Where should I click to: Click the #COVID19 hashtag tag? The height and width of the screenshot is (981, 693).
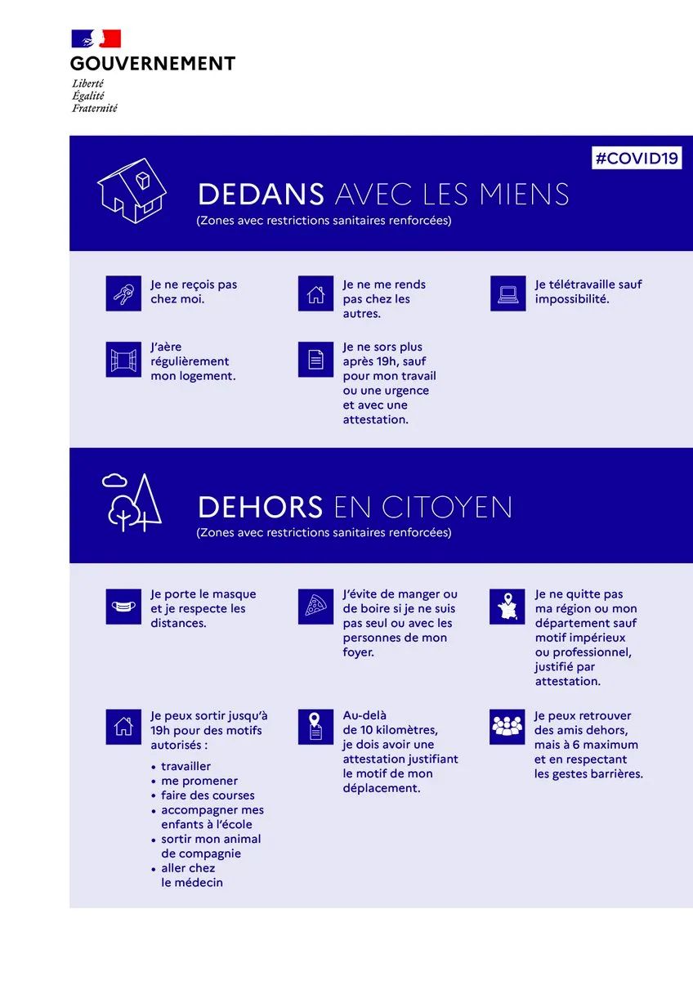point(637,158)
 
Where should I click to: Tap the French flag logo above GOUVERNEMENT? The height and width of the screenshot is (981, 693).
point(96,38)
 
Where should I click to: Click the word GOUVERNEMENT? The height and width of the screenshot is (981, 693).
point(153,63)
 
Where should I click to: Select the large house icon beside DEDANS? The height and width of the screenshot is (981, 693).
point(132,190)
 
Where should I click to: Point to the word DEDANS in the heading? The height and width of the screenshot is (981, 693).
point(261,195)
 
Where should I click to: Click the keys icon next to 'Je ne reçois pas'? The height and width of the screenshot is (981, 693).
point(123,293)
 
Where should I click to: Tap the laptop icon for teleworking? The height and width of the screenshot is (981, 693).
point(507,293)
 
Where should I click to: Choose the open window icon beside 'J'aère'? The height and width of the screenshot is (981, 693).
point(123,360)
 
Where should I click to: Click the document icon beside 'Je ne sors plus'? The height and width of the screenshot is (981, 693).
point(315,360)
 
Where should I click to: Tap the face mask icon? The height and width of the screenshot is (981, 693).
point(123,607)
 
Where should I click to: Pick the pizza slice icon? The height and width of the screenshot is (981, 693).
point(315,607)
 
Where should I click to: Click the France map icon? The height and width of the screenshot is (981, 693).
point(507,607)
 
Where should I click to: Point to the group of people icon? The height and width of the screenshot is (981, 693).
point(507,727)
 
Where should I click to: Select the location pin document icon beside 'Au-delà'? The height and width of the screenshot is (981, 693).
point(315,727)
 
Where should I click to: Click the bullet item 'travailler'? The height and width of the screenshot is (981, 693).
point(186,767)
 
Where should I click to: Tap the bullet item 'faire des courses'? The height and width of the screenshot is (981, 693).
point(208,795)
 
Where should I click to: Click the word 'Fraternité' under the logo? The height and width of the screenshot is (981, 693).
point(95,108)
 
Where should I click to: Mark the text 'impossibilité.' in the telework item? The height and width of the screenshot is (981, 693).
point(572,299)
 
